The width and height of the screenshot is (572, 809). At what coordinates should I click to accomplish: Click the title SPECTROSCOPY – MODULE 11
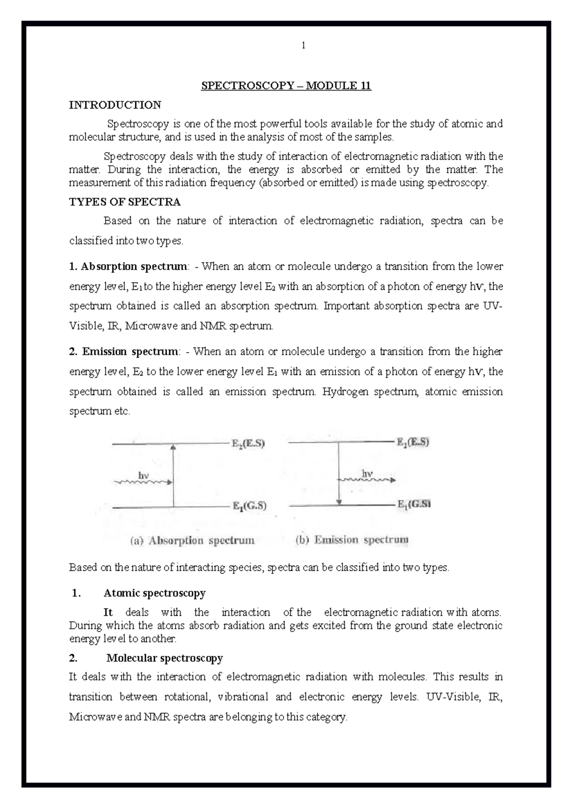[286, 86]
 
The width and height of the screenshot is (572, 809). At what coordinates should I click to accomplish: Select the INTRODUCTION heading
[115, 105]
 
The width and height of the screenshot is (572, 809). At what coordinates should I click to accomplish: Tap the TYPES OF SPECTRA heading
[124, 202]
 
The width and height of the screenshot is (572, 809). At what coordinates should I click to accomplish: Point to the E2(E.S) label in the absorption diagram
[248, 444]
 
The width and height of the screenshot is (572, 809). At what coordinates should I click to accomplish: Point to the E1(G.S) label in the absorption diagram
[249, 506]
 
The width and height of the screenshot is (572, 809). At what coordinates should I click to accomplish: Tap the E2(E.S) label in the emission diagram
[413, 442]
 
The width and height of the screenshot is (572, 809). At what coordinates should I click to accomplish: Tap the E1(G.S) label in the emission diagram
[414, 504]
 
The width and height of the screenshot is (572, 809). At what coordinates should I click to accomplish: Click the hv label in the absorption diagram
[143, 475]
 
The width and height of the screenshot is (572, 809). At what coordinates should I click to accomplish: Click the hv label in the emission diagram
[367, 473]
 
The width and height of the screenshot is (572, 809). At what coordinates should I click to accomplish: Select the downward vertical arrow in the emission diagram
[339, 474]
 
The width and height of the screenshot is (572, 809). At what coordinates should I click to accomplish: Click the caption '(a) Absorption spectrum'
[193, 541]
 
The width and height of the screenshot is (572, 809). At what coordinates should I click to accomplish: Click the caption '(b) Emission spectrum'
[352, 540]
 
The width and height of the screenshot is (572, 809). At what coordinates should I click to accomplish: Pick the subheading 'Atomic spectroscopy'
[154, 593]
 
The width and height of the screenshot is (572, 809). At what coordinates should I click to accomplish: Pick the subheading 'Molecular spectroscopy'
[164, 658]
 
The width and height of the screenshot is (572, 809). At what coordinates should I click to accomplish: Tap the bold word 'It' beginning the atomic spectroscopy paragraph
[108, 612]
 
